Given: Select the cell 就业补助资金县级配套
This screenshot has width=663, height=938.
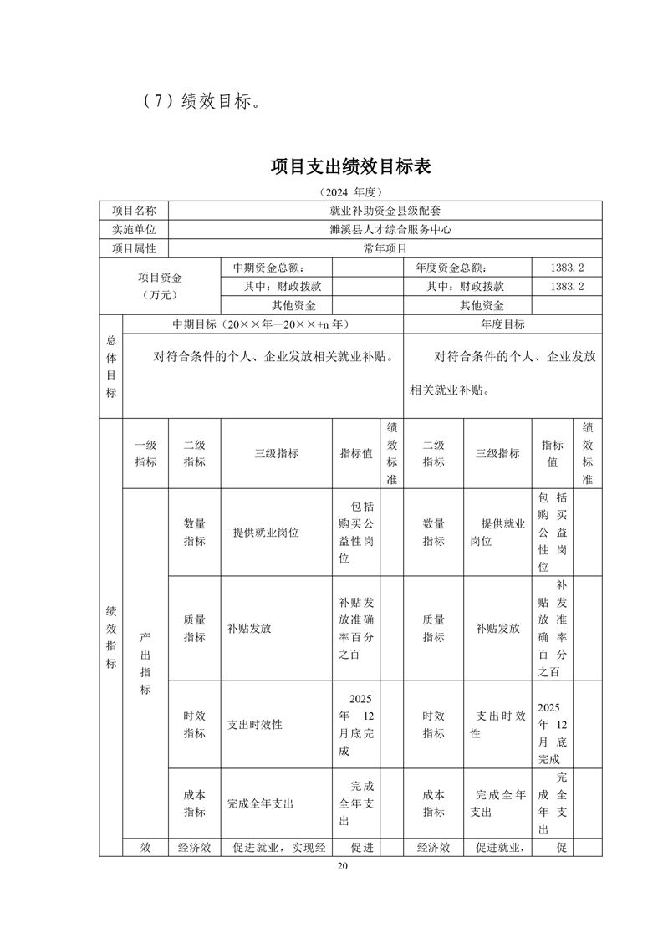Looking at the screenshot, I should tap(385, 211).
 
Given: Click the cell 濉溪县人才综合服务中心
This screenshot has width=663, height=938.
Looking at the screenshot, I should tap(385, 230).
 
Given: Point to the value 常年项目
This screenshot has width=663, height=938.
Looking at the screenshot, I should tap(385, 248).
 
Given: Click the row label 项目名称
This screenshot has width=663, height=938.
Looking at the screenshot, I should tap(134, 211).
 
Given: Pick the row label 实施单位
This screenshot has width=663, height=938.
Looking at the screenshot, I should tap(134, 230).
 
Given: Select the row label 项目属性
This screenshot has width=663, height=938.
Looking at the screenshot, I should tap(134, 248).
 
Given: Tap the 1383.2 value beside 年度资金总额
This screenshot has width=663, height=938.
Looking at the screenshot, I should tap(567, 268).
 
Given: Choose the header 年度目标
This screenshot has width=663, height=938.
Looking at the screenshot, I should tap(502, 324).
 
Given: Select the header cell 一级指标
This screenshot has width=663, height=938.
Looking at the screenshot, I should tap(145, 453).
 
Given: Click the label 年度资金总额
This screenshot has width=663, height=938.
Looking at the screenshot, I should tap(451, 268).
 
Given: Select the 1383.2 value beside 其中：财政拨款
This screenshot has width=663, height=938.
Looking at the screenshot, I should tap(567, 286).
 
